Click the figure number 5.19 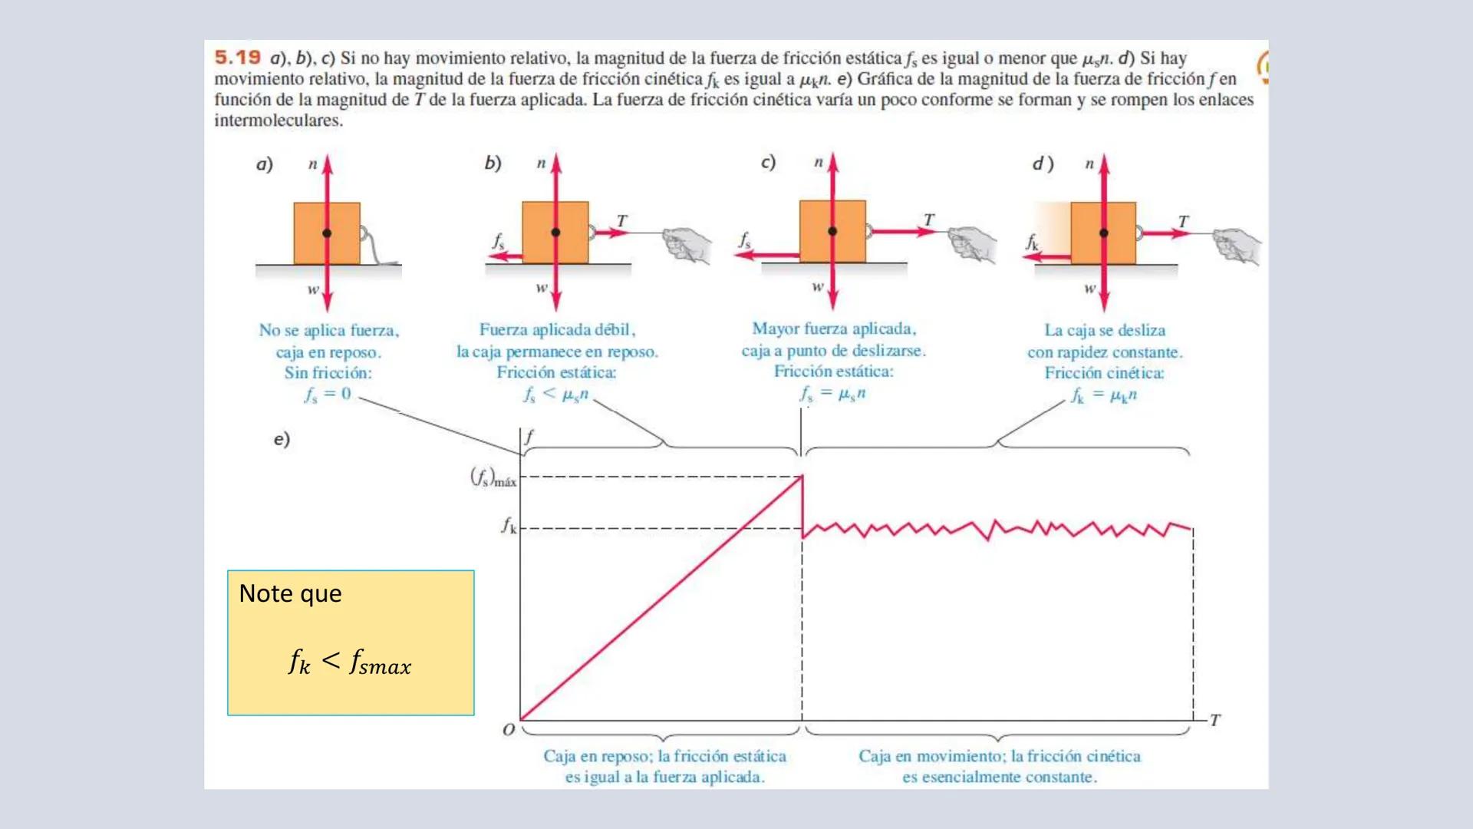point(237,58)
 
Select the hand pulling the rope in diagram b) point(687,244)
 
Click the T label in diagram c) point(929,220)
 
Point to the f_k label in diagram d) point(1033,243)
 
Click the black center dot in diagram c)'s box point(832,231)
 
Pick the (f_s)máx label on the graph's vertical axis point(493,478)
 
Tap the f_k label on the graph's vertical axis point(509,526)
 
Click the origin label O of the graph point(509,730)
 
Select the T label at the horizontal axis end point(1215,720)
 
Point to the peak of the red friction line point(802,477)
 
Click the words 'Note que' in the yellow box point(290,593)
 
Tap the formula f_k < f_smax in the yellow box point(350,662)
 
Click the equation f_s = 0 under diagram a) point(328,395)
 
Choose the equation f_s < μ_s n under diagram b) point(555,395)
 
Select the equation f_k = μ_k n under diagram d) point(1104,395)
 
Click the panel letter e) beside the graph point(282,439)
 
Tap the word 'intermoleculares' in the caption point(278,121)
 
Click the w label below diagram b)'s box point(542,288)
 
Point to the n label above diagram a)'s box point(312,164)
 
